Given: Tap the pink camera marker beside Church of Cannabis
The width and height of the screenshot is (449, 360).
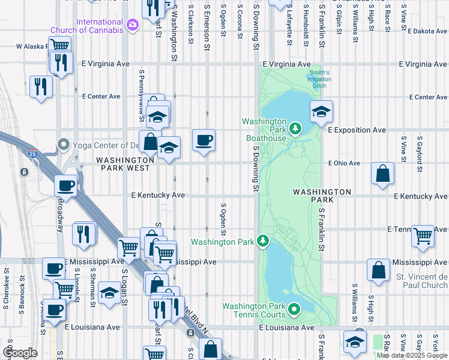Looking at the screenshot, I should click(132, 25).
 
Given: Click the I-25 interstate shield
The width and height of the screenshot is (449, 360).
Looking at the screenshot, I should click(32, 154).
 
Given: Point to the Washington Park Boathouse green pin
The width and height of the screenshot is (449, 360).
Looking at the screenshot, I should click(295, 127).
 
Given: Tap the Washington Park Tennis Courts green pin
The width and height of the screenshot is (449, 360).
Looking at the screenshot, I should click(294, 310).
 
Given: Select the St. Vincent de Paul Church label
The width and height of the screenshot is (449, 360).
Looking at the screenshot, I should click(421, 281).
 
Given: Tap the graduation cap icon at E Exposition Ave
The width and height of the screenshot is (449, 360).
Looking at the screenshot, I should click(321, 111).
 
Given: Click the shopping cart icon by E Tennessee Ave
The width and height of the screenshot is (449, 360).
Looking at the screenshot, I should click(423, 235).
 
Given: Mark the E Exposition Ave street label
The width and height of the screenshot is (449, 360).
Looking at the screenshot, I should click(357, 130).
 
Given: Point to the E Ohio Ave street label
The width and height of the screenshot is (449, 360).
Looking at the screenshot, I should click(344, 163).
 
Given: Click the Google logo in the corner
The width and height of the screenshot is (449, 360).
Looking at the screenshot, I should click(20, 353).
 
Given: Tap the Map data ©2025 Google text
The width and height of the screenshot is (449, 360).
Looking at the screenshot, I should click(412, 355).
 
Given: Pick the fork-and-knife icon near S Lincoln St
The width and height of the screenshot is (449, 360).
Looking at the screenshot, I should click(84, 233).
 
